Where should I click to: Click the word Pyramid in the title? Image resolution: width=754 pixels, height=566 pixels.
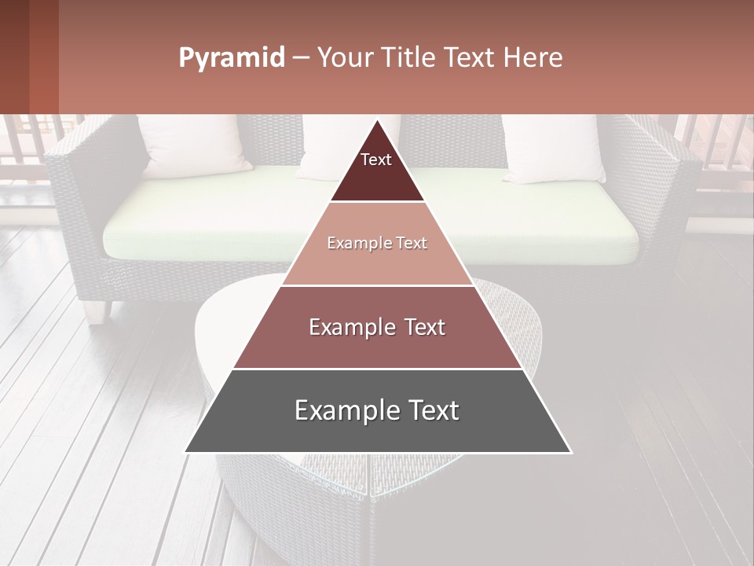coord(231,58)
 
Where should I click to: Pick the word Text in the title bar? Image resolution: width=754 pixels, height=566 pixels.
coord(472,58)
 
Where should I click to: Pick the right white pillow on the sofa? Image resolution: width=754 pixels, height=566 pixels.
coord(554,148)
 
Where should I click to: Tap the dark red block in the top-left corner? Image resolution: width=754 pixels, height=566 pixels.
coord(28,57)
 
